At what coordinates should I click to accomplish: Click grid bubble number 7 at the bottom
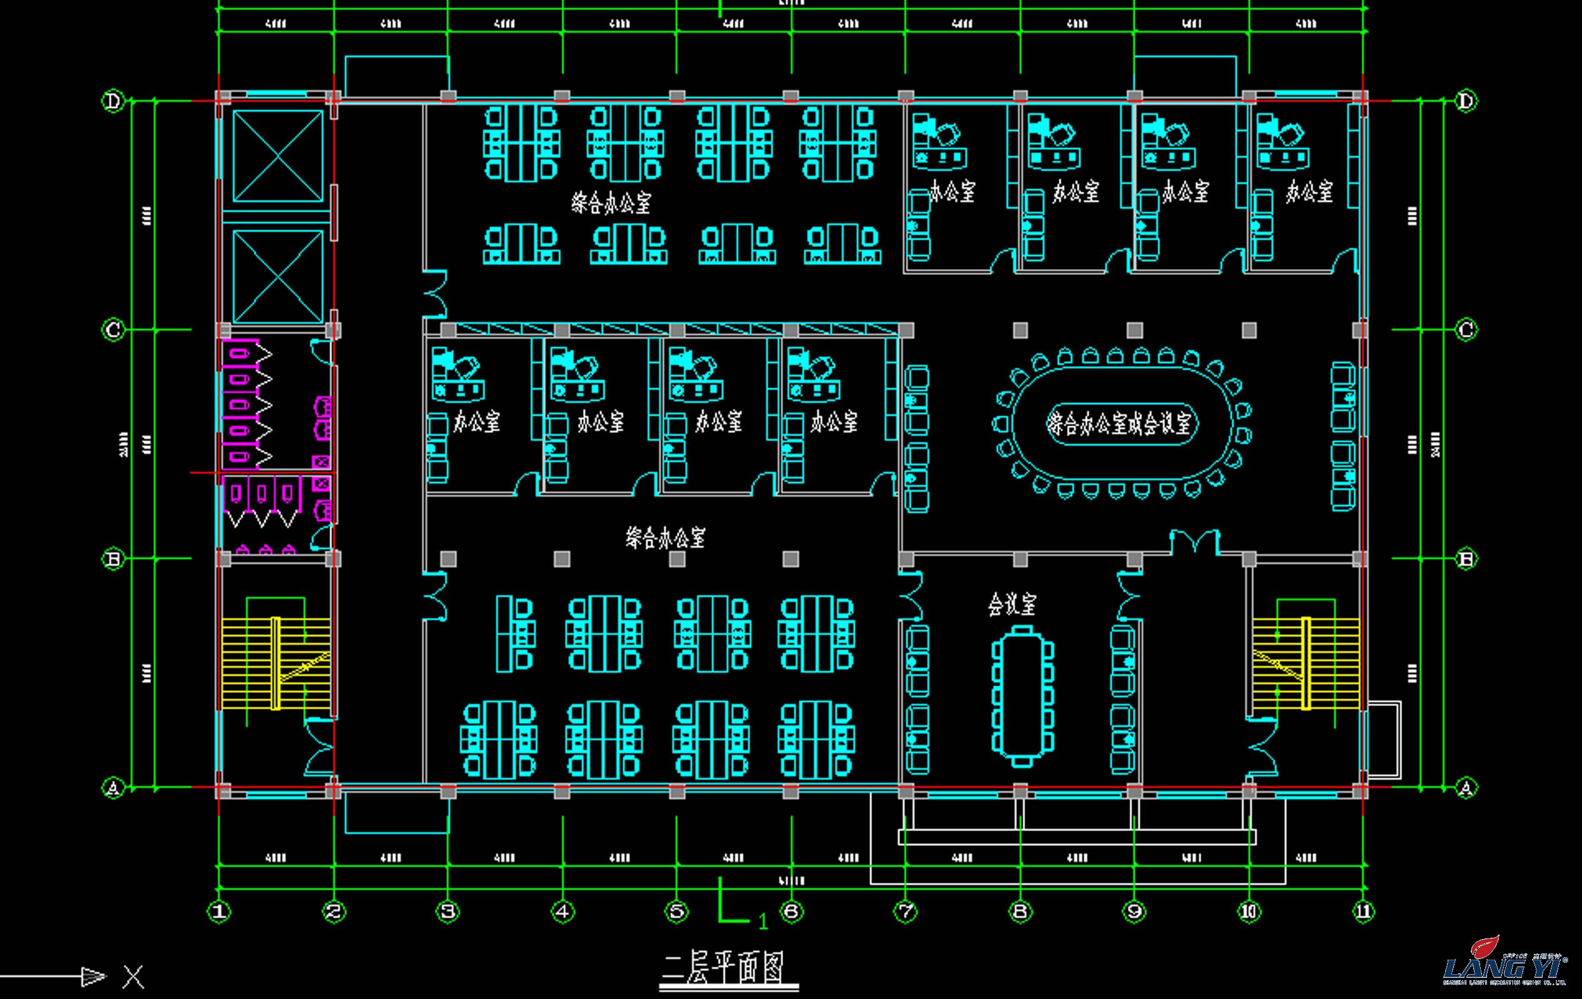905,911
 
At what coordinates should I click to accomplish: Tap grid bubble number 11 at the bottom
1363,911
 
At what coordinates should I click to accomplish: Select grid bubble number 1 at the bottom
219,911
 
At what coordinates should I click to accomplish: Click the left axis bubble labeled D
114,101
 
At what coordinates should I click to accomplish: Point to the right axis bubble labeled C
1466,329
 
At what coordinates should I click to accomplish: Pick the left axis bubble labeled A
113,787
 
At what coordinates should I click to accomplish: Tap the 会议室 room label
1012,604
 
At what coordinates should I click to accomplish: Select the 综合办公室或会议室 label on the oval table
1121,424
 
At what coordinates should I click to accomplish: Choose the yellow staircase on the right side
1305,664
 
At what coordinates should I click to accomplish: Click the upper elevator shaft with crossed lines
279,156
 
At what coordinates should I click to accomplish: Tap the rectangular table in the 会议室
1021,695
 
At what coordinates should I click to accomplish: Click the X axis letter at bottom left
133,977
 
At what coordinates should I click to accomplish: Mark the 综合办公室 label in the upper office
611,202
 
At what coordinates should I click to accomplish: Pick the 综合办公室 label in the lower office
665,537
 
